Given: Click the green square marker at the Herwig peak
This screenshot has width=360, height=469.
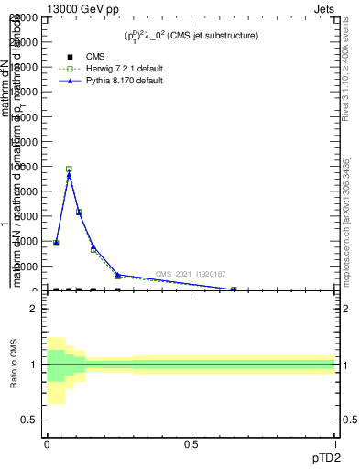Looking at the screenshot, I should (x=69, y=169).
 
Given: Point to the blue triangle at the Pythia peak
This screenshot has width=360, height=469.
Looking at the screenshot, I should (x=69, y=175).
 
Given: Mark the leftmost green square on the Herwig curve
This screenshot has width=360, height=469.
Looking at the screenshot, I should (x=56, y=243).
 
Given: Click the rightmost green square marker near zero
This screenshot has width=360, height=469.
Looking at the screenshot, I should (x=234, y=289).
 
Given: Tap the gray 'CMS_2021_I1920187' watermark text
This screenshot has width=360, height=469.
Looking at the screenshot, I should (x=191, y=274).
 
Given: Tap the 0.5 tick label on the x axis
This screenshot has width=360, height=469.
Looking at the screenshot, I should (x=191, y=443).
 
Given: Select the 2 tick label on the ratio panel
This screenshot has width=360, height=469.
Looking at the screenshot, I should (x=34, y=310).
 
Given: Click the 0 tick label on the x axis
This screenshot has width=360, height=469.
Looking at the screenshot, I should (x=47, y=443).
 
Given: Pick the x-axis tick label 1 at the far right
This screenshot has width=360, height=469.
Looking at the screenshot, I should (x=335, y=443).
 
